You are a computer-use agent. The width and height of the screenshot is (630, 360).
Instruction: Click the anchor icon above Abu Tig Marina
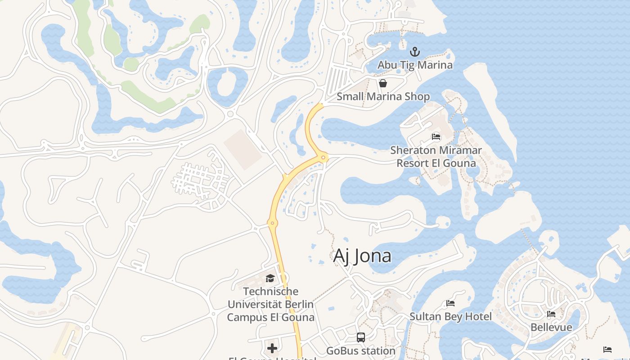415,52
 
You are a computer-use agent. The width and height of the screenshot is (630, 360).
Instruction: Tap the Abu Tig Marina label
415,65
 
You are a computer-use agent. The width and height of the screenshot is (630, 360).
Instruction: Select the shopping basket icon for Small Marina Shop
383,83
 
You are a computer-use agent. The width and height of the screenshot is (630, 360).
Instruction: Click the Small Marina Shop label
383,96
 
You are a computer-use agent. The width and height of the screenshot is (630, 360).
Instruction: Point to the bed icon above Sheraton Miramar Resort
436,136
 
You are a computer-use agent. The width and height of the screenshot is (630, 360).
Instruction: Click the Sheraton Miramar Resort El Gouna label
436,156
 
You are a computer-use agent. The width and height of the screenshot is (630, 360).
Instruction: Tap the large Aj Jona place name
362,256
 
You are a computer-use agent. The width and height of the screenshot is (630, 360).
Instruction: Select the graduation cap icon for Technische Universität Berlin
270,278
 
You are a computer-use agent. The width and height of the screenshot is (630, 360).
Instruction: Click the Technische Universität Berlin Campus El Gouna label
270,304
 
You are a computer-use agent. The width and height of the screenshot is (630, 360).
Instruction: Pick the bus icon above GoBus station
360,337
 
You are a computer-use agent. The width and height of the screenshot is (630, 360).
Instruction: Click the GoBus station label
360,351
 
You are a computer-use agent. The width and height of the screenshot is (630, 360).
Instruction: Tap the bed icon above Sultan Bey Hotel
450,303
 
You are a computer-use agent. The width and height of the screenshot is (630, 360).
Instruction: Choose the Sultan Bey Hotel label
450,316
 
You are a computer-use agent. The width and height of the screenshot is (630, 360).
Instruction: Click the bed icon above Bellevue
551,314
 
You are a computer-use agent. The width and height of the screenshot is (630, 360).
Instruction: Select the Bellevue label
551,327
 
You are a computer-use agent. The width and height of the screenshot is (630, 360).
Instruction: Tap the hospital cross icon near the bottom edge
272,348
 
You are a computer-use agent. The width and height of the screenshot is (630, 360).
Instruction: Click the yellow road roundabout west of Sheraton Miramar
323,157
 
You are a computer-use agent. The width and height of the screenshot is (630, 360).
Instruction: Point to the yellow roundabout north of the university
271,223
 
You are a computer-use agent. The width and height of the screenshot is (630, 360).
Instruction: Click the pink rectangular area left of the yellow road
243,149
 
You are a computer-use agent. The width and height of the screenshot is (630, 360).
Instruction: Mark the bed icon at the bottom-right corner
607,350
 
